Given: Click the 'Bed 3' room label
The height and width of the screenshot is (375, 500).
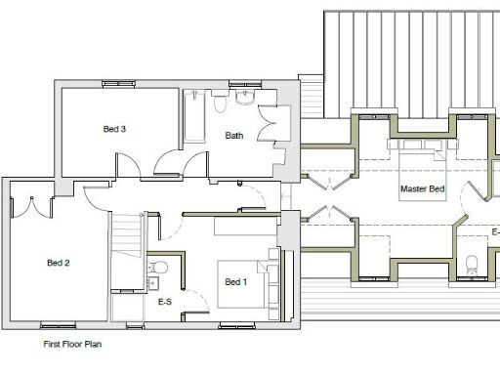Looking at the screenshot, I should [114, 129].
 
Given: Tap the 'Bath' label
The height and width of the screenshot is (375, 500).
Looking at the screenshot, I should [234, 136].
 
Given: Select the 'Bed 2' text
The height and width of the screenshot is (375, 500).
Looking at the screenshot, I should [59, 263].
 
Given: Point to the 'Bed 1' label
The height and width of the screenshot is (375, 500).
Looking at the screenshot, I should [235, 282].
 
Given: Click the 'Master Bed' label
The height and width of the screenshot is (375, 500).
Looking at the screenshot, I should [422, 188].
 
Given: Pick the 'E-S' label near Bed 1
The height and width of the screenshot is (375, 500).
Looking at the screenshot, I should [165, 303].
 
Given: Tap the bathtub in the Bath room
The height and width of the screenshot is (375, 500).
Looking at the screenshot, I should [194, 117].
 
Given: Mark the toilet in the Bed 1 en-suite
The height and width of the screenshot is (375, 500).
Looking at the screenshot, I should [161, 267].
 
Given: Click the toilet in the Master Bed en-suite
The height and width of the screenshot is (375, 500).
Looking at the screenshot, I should [472, 262].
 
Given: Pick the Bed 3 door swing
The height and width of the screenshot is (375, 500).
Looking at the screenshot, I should [170, 164].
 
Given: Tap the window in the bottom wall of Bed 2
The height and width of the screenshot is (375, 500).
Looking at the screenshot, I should [57, 324].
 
